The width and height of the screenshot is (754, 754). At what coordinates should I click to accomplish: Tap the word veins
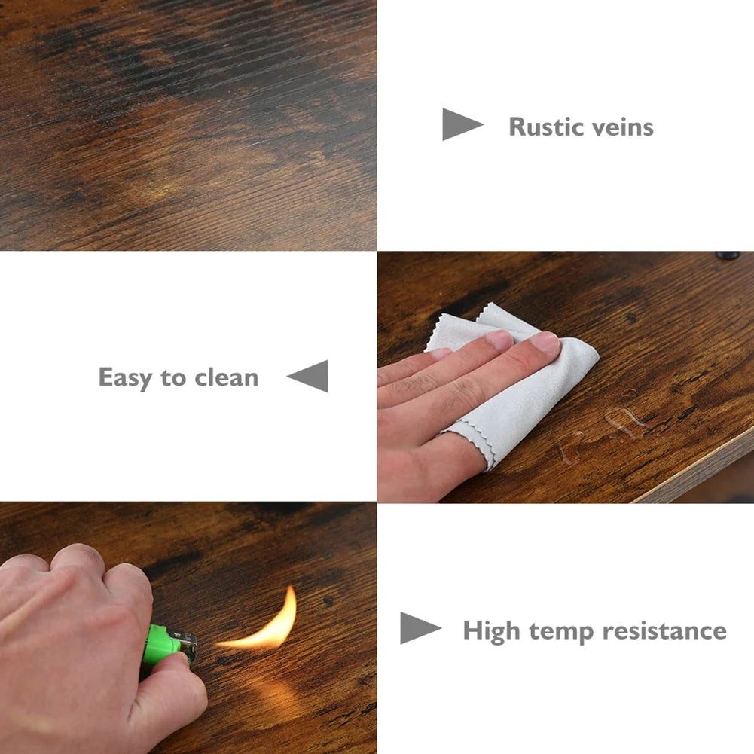(623, 127)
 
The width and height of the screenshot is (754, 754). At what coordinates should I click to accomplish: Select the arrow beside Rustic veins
(462, 124)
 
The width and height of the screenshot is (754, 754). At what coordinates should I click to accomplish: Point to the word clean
(227, 377)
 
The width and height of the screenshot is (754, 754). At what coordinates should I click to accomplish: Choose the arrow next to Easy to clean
(308, 376)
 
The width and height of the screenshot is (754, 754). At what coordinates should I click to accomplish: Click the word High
(491, 631)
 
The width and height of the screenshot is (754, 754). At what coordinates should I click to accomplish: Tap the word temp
(561, 632)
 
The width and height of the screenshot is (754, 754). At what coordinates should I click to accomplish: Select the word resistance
(664, 631)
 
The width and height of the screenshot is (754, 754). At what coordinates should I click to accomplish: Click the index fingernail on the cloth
(545, 342)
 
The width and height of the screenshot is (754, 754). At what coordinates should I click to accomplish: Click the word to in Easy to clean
(173, 378)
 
